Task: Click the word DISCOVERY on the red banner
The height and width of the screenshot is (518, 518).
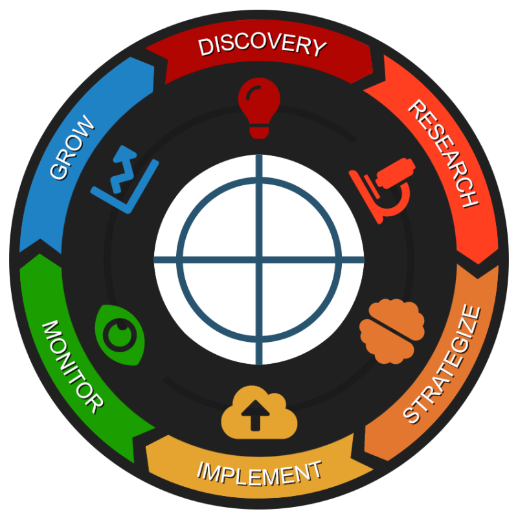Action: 263,46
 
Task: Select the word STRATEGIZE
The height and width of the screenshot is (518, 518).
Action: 442,365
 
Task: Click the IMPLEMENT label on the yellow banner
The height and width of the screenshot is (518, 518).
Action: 260,474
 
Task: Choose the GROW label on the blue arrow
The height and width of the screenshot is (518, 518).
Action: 73,148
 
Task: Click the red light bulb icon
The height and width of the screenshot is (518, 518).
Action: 260,108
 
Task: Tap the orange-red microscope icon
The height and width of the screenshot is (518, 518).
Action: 382,191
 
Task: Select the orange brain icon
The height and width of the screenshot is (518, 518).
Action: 392,332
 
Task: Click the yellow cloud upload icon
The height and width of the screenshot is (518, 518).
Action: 260,412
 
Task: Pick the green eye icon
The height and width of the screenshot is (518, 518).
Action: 120,335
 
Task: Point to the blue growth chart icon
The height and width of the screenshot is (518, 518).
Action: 125,179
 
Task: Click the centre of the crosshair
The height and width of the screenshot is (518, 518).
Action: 260,260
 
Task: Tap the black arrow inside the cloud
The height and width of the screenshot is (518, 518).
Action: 255,416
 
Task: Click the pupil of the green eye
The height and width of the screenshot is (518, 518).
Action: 120,335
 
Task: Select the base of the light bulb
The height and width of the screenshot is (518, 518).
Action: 259,131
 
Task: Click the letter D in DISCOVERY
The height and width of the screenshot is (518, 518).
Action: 205,47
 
